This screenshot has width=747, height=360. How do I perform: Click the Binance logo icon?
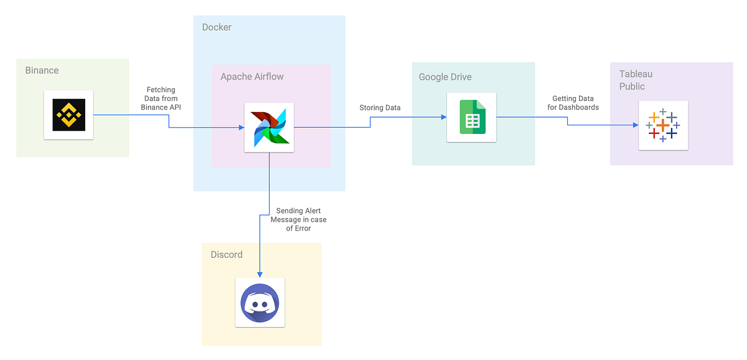coord(68,115)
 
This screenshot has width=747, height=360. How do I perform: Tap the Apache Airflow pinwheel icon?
coord(269,127)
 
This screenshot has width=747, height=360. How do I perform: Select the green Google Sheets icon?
coord(471,117)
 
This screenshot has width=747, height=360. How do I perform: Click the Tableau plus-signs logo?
coord(663,125)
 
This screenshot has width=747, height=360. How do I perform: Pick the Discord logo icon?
coord(260,302)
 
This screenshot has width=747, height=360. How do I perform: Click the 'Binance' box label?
coord(42,70)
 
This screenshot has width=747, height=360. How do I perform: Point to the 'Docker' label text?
coord(217,27)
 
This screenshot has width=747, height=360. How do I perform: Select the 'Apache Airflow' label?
coord(251,77)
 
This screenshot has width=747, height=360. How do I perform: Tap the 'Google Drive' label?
coord(445,77)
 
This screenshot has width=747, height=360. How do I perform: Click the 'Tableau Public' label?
coord(636,80)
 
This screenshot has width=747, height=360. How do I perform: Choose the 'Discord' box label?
coord(227,255)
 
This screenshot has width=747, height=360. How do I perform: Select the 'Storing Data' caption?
coord(380,108)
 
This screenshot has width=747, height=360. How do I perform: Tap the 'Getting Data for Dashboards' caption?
coord(573,103)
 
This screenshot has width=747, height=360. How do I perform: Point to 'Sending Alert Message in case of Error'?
coord(298,220)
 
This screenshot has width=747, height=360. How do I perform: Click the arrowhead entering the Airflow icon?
coord(240,128)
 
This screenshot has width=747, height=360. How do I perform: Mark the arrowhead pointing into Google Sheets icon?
coord(443,117)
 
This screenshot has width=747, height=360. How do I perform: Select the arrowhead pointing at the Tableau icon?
coord(635,125)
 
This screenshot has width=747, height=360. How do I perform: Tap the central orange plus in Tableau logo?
coord(663,125)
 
